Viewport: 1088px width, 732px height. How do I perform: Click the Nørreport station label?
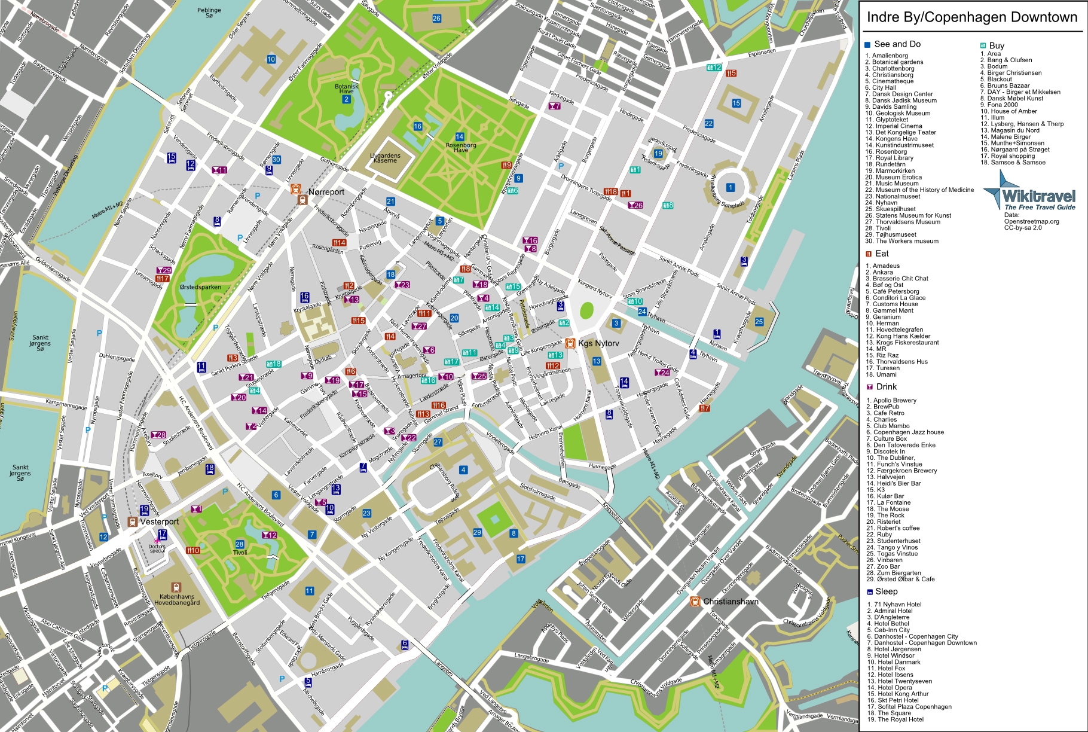[326, 192]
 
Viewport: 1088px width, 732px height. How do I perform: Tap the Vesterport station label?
[159, 521]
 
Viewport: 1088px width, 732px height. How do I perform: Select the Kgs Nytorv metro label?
[598, 343]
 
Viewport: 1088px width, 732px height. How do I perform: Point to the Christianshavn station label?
[731, 601]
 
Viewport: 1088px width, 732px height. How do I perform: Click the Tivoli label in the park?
[240, 552]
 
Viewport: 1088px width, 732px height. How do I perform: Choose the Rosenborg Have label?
[461, 147]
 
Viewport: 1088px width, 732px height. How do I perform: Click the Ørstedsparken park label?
[200, 287]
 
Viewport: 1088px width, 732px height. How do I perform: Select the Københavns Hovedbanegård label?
[177, 599]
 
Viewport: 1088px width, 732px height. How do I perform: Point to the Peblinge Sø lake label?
[209, 13]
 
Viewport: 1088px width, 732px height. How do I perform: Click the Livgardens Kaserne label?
[385, 158]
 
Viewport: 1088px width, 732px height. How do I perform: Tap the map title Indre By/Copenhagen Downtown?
[972, 17]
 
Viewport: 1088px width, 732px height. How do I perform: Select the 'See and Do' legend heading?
[897, 44]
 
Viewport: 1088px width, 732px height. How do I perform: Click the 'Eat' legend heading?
[882, 254]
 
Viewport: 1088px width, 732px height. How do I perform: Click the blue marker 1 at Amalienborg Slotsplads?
[730, 188]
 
